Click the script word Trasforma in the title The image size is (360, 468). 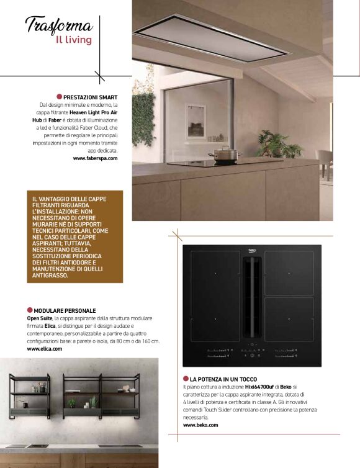pyautogui.click(x=59, y=25)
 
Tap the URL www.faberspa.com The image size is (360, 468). pyautogui.click(x=95, y=158)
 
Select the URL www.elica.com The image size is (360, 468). pyautogui.click(x=45, y=349)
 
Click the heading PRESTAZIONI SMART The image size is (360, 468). pyautogui.click(x=90, y=97)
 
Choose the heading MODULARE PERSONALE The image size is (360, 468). pyautogui.click(x=65, y=310)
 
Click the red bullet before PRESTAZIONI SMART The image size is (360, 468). pyautogui.click(x=60, y=97)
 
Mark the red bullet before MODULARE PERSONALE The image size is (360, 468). pyautogui.click(x=30, y=310)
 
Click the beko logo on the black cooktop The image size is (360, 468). pyautogui.click(x=253, y=250)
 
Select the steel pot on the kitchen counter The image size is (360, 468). pyautogui.click(x=225, y=153)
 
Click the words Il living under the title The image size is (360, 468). pyautogui.click(x=73, y=40)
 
